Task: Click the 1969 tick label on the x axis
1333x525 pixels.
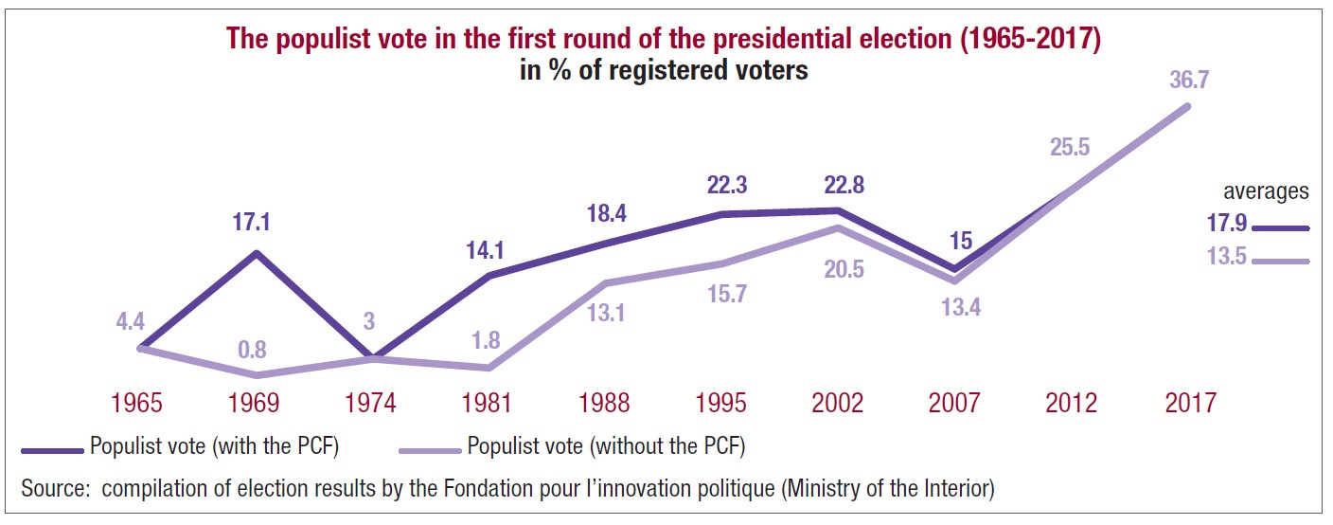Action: click(x=253, y=403)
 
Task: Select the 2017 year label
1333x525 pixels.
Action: click(x=1190, y=403)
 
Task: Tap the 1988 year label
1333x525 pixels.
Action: click(x=603, y=403)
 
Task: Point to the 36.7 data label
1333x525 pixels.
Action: click(x=1190, y=81)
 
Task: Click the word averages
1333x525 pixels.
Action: click(x=1265, y=191)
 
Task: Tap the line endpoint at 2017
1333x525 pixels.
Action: click(x=1187, y=106)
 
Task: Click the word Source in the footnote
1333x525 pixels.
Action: click(x=56, y=489)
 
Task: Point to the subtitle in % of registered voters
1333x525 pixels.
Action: click(x=664, y=71)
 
